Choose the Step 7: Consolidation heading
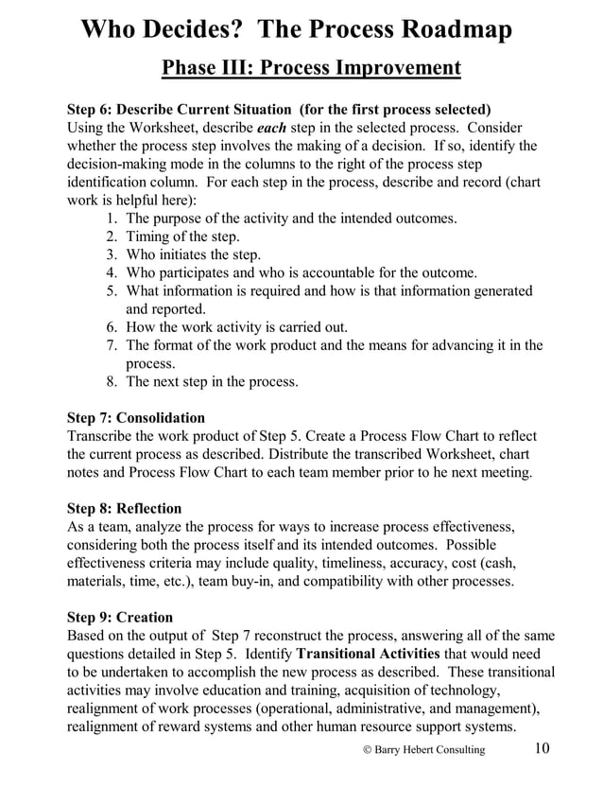point(136,417)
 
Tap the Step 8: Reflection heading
point(125,508)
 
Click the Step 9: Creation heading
point(118,618)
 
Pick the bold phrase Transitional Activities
point(368,654)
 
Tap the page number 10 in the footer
point(542,748)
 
